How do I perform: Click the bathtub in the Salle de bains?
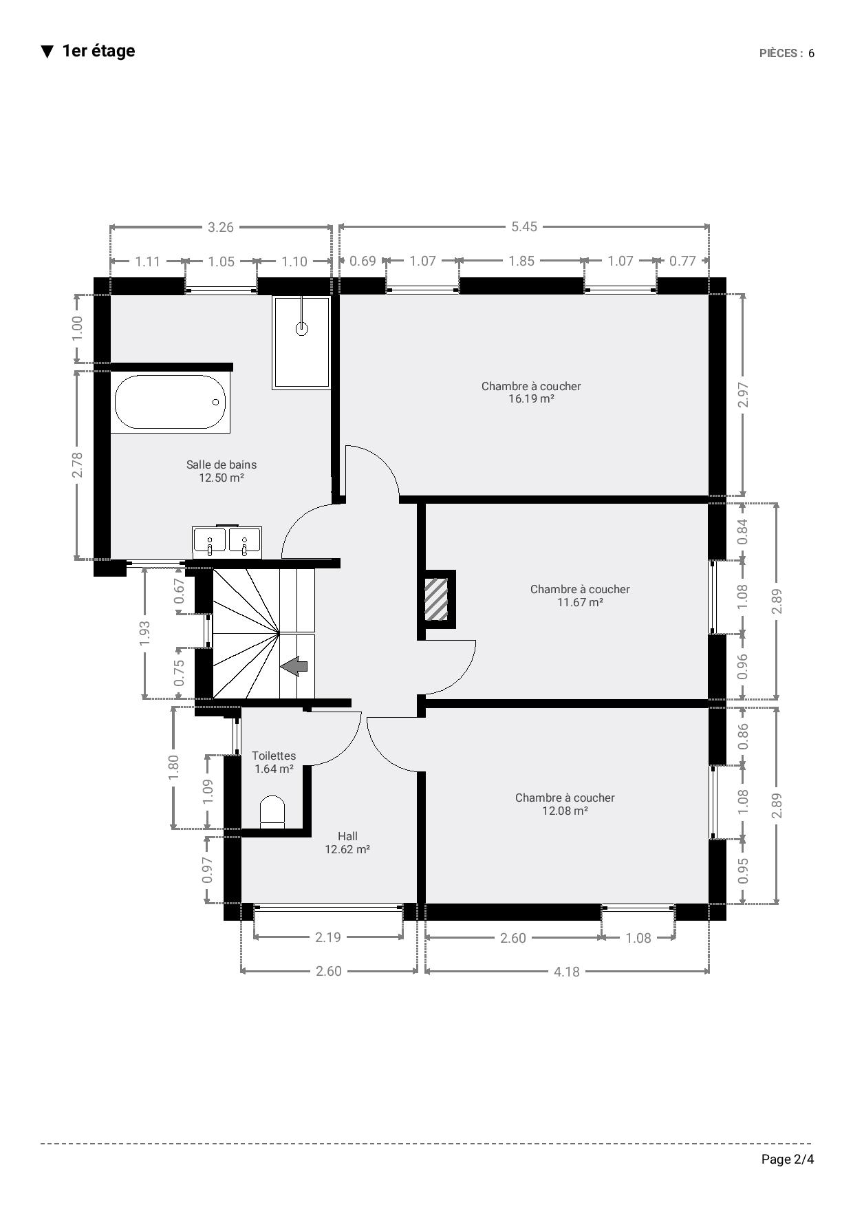pos(170,402)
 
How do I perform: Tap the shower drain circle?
pos(301,328)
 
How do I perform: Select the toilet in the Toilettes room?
pos(273,812)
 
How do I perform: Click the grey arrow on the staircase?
pos(294,666)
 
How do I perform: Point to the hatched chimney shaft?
pos(436,599)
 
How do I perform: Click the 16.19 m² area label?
pos(531,398)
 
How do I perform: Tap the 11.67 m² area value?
pos(580,602)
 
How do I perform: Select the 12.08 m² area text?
pos(565,811)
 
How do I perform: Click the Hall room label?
pos(347,836)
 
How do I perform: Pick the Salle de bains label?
pos(222,464)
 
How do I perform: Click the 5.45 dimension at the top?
pos(524,226)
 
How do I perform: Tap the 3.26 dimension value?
pos(221,226)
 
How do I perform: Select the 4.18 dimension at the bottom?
pos(567,971)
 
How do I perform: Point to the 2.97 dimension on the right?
pos(743,394)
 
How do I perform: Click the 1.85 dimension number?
pos(522,261)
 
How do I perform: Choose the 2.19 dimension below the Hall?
pos(328,937)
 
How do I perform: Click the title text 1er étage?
pos(98,51)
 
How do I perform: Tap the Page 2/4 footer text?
pos(788,1160)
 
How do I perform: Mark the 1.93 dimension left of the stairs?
pos(144,633)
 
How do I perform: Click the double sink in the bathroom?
pos(227,542)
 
